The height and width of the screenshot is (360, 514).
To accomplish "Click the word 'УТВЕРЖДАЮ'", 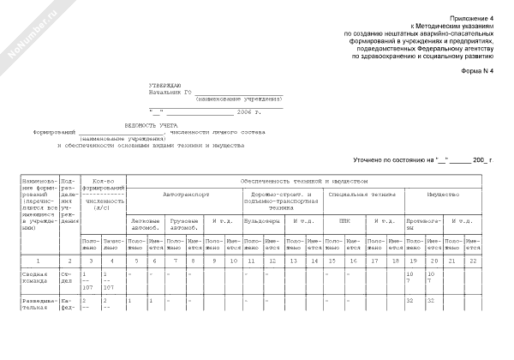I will [x=164, y=87].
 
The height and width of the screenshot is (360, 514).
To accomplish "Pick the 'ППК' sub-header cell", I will [x=344, y=220].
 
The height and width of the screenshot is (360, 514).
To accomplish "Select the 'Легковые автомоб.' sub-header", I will [x=146, y=224].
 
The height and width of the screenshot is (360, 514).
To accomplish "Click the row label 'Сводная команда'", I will [x=34, y=278].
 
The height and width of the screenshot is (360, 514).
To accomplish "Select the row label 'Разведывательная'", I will [x=34, y=303].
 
